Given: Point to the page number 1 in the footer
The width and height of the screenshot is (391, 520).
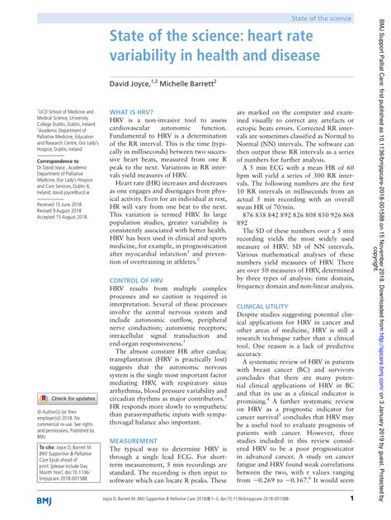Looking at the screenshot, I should tap(352, 499).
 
